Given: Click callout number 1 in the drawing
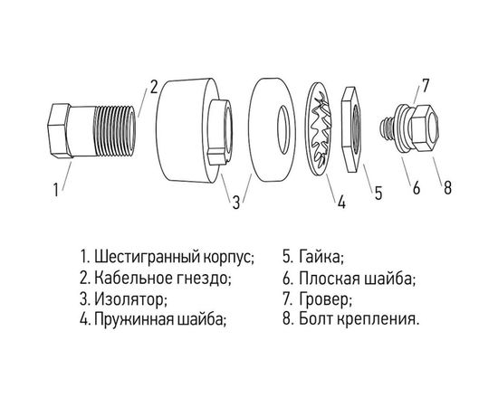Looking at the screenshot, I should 56,191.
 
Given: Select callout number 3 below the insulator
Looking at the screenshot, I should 235,202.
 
